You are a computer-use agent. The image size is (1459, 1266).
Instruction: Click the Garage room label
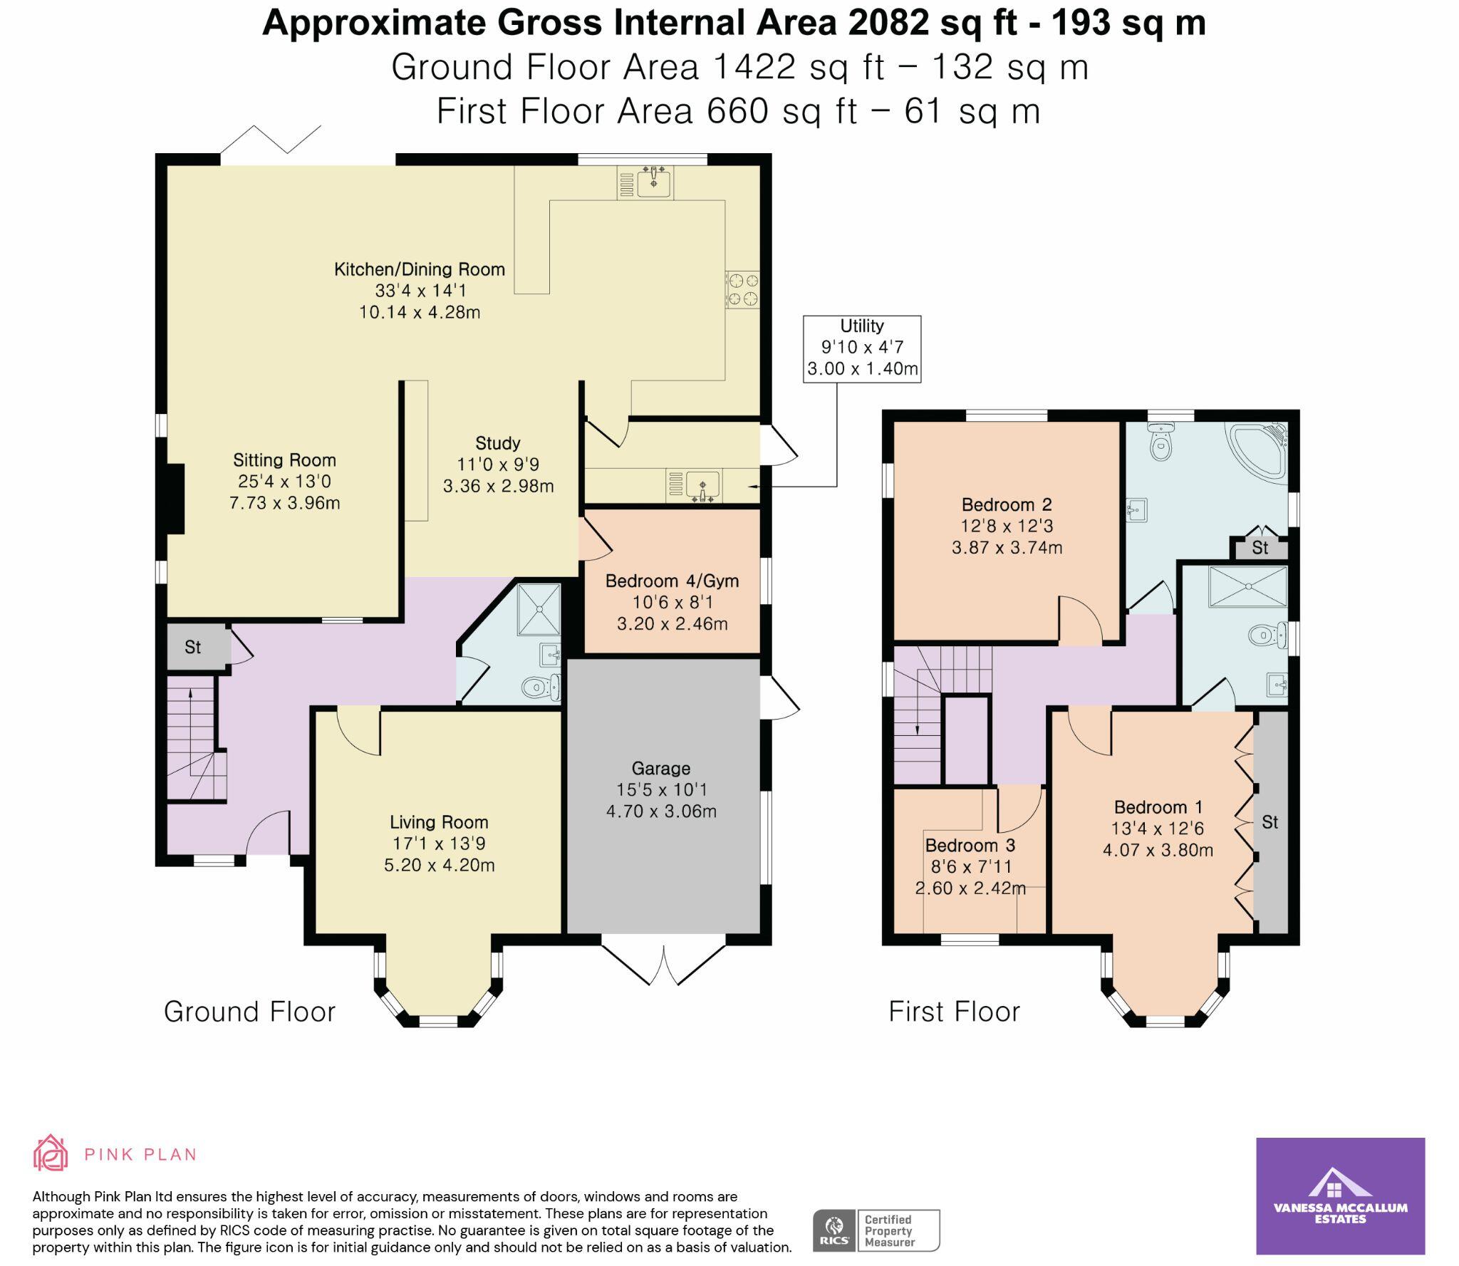click(x=660, y=768)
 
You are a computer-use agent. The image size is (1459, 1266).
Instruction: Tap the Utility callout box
click(x=861, y=348)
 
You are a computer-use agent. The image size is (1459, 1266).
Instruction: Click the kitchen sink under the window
click(x=653, y=182)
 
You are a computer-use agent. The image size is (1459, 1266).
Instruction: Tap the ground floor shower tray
click(x=539, y=609)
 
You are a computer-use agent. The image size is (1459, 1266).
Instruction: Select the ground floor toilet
click(x=541, y=688)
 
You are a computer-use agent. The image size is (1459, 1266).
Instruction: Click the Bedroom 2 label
click(x=1007, y=504)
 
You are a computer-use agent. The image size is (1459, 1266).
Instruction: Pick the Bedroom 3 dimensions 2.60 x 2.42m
click(x=970, y=888)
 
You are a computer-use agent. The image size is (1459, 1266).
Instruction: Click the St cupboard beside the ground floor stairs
click(x=193, y=647)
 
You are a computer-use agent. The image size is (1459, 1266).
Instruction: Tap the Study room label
click(x=498, y=443)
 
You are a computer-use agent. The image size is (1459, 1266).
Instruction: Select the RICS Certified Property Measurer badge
click(x=876, y=1230)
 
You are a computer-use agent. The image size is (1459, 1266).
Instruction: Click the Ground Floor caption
click(x=249, y=1012)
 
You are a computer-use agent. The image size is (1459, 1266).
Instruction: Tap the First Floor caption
click(x=954, y=1012)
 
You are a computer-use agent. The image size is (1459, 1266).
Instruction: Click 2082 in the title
click(x=889, y=23)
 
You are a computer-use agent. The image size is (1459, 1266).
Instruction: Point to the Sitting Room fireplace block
click(x=175, y=498)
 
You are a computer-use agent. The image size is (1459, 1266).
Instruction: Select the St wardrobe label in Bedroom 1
click(x=1270, y=822)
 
